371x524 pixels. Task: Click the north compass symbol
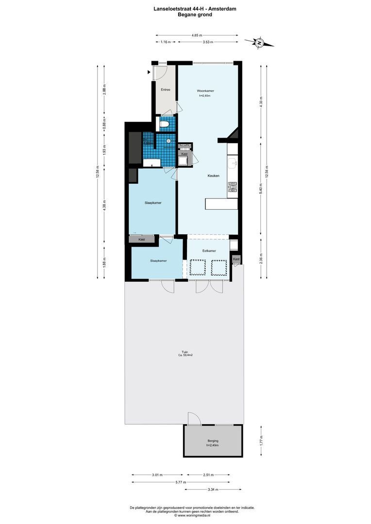259,43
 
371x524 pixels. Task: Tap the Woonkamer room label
205,91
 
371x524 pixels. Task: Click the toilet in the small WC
165,126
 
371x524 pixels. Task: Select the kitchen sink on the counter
232,163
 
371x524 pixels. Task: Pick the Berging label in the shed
213,441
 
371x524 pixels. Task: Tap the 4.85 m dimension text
197,35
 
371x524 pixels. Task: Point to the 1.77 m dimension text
261,441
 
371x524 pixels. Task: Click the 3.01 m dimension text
157,475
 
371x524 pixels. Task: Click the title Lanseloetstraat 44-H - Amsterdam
185,9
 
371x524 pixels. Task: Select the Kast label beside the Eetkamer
236,260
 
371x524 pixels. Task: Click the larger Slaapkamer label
153,203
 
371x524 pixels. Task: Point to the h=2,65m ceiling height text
205,96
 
